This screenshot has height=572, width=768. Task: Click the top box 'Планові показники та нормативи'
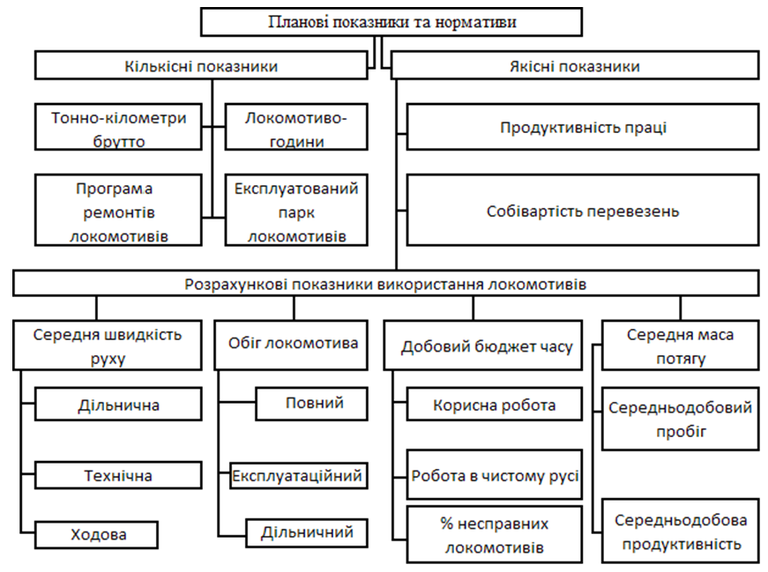391,22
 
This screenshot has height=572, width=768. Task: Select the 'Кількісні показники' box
201,65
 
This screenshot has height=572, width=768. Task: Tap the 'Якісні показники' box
575,65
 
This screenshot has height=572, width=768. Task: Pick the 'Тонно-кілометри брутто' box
118,127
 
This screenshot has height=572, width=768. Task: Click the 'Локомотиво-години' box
296,127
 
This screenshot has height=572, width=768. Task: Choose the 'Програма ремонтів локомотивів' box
118,210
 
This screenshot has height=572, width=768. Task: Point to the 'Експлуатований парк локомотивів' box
296,210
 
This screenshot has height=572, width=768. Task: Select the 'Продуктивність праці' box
583,127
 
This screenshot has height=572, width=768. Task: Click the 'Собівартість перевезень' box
583,210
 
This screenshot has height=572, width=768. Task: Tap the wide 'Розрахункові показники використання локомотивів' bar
386,284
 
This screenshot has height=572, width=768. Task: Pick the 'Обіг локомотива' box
291,345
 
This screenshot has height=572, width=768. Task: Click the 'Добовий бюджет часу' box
483,345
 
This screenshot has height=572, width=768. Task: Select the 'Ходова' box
96,534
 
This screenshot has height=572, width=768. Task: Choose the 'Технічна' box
118,475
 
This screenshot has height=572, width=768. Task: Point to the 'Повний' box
311,404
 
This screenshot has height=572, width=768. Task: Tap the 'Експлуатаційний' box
299,475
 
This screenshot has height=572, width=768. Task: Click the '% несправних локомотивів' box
495,535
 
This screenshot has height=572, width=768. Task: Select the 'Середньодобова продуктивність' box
681,531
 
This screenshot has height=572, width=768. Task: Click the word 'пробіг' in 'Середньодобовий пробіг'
682,432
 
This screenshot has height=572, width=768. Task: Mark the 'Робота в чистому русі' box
495,474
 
